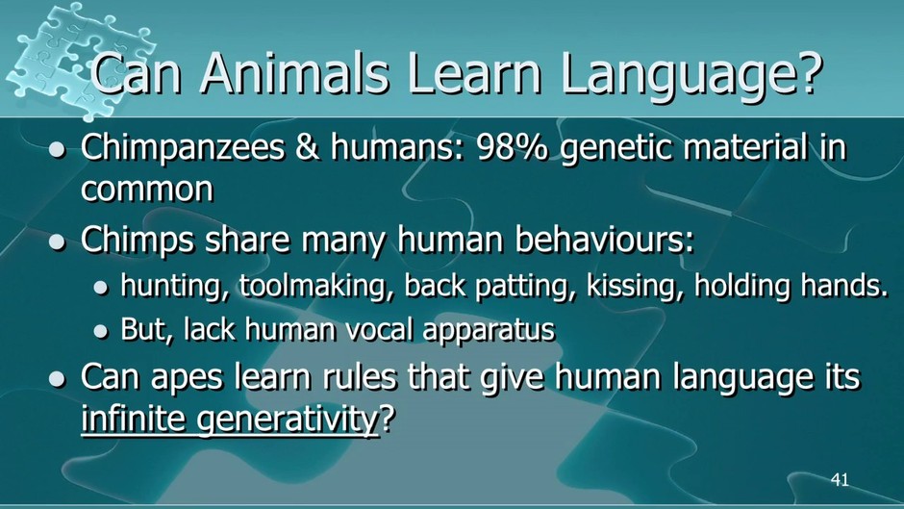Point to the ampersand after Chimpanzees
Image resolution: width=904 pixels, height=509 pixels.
307,148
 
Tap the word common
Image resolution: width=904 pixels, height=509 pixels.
147,191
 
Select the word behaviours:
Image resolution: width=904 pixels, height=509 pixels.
605,239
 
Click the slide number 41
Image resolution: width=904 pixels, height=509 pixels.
840,479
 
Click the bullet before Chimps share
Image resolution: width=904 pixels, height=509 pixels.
57,242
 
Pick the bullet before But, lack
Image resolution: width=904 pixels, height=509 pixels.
101,332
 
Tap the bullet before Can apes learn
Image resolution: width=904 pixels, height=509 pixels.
57,379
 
